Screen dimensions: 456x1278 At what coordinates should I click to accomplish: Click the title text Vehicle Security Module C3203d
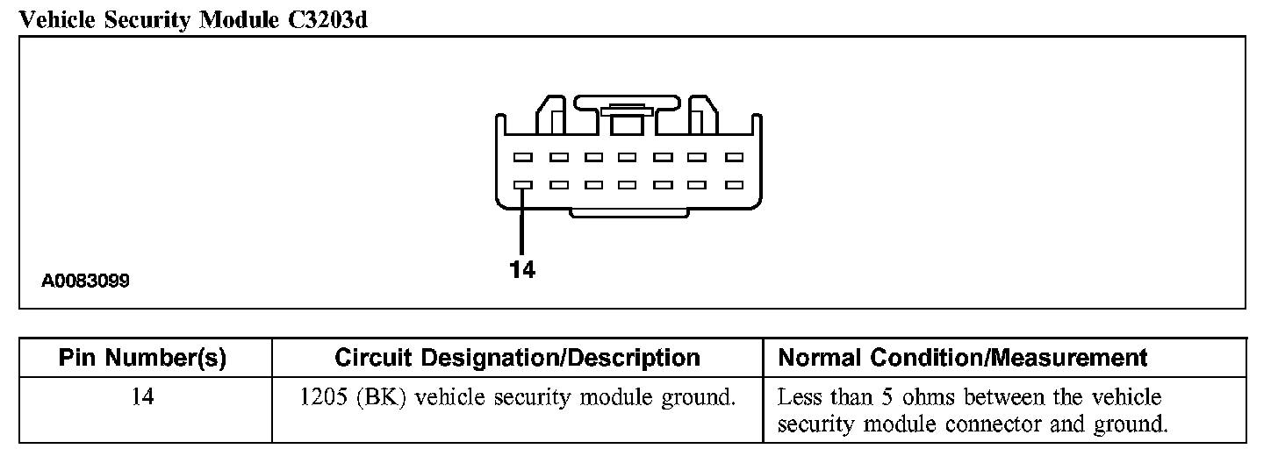tap(192, 20)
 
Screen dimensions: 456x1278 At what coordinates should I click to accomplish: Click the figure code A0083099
tap(85, 281)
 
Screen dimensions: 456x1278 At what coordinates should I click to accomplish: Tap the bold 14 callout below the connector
tap(522, 270)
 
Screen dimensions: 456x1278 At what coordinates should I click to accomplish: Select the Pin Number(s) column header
tap(142, 358)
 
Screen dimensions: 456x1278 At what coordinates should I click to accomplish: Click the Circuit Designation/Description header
tap(517, 358)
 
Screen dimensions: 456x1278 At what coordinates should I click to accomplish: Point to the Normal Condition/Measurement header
tap(963, 358)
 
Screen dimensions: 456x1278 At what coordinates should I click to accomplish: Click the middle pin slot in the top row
tap(627, 158)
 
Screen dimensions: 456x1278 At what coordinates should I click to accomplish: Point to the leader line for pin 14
tap(522, 224)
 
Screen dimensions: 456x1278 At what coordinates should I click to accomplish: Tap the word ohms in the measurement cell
tap(930, 397)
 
